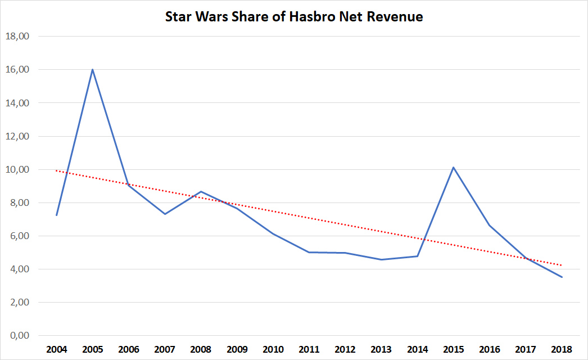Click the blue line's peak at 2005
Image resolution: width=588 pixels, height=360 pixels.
[x=92, y=70]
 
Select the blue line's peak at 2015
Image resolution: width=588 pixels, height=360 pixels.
[x=453, y=167]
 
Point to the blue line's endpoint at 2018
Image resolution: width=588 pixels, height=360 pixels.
[x=561, y=277]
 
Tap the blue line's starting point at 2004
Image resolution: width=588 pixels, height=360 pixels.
[x=57, y=215]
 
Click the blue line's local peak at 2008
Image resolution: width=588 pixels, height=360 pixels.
[x=201, y=192]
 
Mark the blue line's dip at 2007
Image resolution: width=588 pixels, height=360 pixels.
[x=165, y=214]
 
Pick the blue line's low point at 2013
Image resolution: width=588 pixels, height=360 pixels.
[x=381, y=259]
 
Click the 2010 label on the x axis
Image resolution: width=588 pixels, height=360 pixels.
[x=273, y=349]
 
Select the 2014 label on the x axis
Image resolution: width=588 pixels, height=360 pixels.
[x=417, y=349]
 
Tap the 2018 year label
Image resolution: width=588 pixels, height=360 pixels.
[x=561, y=349]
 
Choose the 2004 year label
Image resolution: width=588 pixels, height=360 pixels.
[x=57, y=349]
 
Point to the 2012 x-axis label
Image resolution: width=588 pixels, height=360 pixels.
[x=345, y=349]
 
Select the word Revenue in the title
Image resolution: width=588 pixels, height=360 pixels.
[x=394, y=17]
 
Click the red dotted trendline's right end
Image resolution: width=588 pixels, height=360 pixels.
[x=561, y=265]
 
